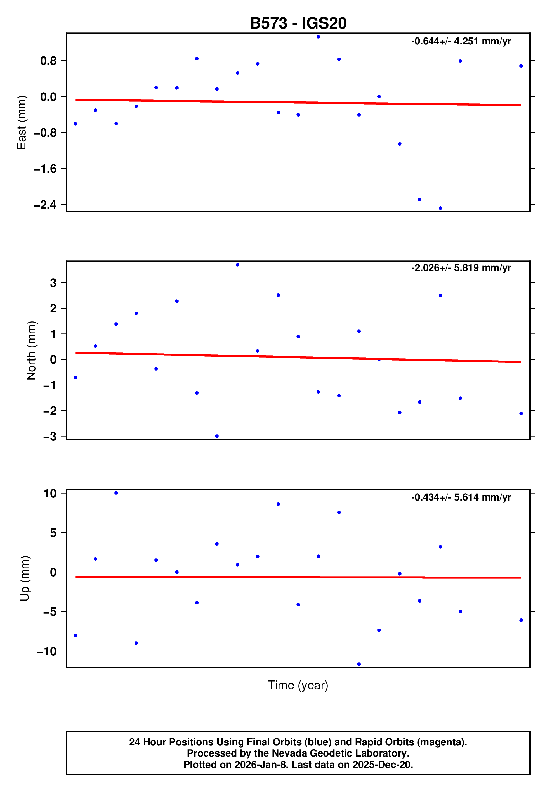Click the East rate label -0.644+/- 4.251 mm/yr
coord(461,41)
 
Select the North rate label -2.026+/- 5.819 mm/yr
coord(461,268)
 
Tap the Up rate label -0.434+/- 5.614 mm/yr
coord(461,497)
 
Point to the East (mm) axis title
coord(22,122)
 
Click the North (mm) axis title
coord(31,350)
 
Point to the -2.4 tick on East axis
coord(45,205)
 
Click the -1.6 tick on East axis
coord(45,169)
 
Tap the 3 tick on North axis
coord(53,283)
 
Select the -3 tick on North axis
coord(50,437)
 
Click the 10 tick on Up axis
coord(50,493)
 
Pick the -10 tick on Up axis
coord(47,651)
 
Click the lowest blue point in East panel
coord(440,208)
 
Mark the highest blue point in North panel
coord(237,265)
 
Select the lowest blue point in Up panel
coord(359,664)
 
